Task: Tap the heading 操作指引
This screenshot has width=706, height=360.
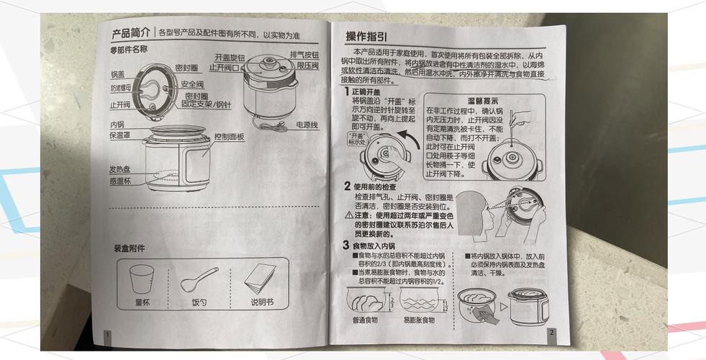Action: pyautogui.click(x=367, y=36)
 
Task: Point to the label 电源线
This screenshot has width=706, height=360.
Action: pyautogui.click(x=307, y=125)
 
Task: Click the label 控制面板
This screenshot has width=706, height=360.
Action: pyautogui.click(x=229, y=136)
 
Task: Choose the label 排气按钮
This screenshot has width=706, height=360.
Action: pyautogui.click(x=304, y=55)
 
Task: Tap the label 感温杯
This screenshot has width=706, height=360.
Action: pyautogui.click(x=121, y=181)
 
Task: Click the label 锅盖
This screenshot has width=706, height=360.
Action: pyautogui.click(x=118, y=74)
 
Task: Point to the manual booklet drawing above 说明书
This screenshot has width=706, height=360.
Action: pyautogui.click(x=261, y=277)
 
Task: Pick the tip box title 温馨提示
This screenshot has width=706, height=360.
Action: pyautogui.click(x=463, y=101)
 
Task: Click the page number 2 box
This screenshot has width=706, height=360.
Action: pyautogui.click(x=551, y=333)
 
